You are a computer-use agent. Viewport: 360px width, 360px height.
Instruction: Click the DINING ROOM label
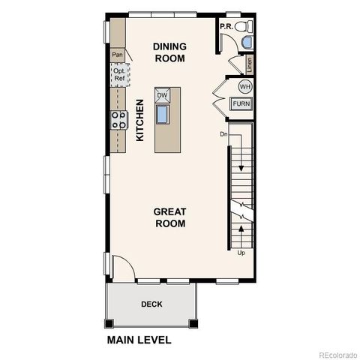(x=169, y=52)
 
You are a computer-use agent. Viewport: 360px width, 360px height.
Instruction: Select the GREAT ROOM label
(x=169, y=217)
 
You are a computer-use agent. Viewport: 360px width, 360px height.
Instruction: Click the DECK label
(x=151, y=304)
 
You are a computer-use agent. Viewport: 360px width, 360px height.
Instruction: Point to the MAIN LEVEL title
(x=139, y=340)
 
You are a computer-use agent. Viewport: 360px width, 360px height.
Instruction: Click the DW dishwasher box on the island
(x=163, y=95)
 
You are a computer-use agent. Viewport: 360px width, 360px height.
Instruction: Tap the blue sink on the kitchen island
(x=163, y=114)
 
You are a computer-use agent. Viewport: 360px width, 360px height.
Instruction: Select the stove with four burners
(x=118, y=120)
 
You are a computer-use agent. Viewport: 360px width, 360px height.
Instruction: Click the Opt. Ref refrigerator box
(x=118, y=74)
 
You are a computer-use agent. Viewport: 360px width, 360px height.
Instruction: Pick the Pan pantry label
(x=117, y=55)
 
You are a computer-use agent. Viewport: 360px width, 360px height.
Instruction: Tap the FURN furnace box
(x=241, y=104)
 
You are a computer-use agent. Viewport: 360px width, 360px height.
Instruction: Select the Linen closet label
(x=249, y=65)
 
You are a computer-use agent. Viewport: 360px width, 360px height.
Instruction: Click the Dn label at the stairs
(x=223, y=134)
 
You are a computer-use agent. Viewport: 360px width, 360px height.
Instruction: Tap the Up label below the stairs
(x=241, y=253)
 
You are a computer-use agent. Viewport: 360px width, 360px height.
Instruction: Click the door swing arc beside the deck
(x=120, y=268)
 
